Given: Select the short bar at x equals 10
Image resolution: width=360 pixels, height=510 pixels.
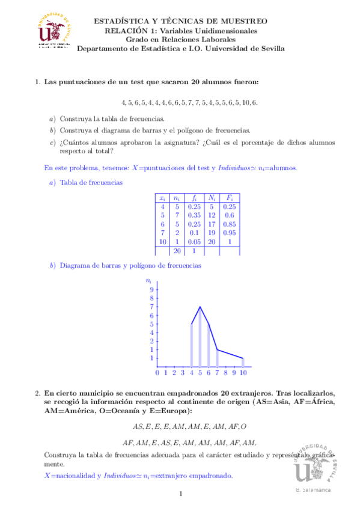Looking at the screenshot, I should tap(243, 362).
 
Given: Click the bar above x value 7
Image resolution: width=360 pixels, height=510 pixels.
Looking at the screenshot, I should tap(218, 358).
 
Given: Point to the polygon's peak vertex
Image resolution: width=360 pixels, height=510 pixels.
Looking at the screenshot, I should tap(200, 307).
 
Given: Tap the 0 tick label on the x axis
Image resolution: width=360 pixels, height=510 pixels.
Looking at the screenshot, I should tap(157, 373).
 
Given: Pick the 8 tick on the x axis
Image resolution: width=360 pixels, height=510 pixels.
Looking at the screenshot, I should tap(226, 373).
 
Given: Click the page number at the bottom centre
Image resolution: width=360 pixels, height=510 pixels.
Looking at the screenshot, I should tap(180, 494).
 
